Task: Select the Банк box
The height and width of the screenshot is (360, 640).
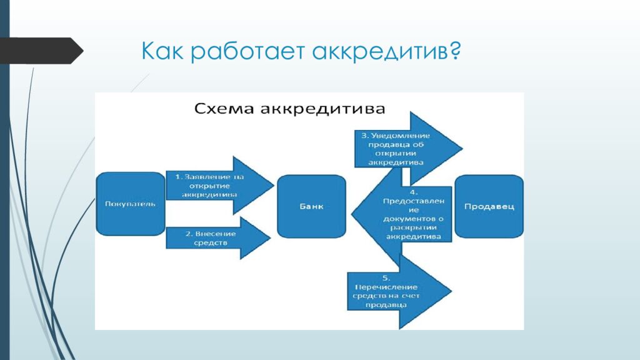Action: coord(311,206)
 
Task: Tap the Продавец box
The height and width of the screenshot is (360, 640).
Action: coord(489,206)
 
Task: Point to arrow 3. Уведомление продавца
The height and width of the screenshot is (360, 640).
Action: coord(406,148)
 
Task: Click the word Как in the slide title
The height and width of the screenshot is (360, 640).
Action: coord(162,51)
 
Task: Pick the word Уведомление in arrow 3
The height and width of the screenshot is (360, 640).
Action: coord(403,135)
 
